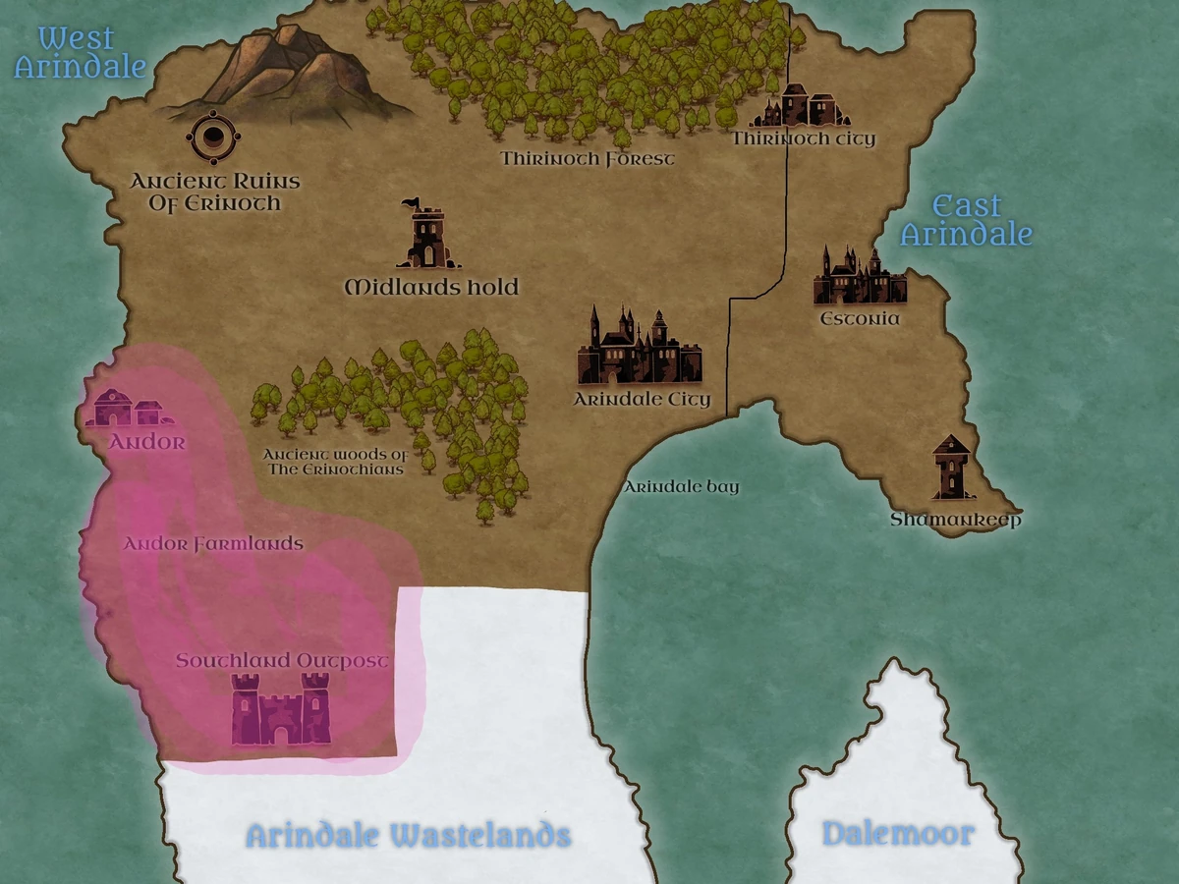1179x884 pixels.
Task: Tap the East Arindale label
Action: [x=967, y=220]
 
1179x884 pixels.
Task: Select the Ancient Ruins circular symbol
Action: [x=211, y=138]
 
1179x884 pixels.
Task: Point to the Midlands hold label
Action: [x=431, y=288]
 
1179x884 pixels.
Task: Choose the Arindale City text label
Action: [x=642, y=400]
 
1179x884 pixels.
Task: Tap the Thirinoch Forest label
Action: [x=588, y=158]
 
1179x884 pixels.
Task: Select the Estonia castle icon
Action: [x=858, y=277]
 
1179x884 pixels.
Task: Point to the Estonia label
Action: [x=860, y=319]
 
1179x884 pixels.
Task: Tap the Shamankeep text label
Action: [x=956, y=520]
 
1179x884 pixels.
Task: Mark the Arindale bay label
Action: [x=682, y=487]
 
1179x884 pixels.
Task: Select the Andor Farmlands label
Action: [x=213, y=543]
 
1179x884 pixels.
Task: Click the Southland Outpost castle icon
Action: [x=280, y=709]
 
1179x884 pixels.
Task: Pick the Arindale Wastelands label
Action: [x=408, y=836]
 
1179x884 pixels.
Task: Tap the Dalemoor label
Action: [x=898, y=834]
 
